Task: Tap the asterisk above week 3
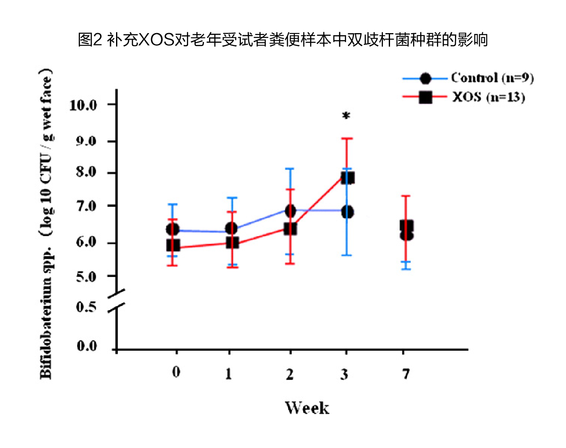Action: click(346, 116)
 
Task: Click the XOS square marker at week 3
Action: click(348, 178)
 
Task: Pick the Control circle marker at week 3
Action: click(347, 212)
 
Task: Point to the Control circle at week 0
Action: click(173, 229)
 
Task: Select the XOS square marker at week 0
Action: click(173, 245)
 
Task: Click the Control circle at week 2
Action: click(290, 211)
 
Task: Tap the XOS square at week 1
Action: click(232, 243)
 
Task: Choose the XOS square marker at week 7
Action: click(406, 226)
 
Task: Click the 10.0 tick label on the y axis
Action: click(83, 105)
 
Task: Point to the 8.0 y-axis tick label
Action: click(86, 172)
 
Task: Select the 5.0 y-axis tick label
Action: click(86, 277)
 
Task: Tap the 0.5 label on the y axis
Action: click(86, 307)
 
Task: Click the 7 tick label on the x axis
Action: click(406, 373)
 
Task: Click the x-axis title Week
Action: click(307, 408)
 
